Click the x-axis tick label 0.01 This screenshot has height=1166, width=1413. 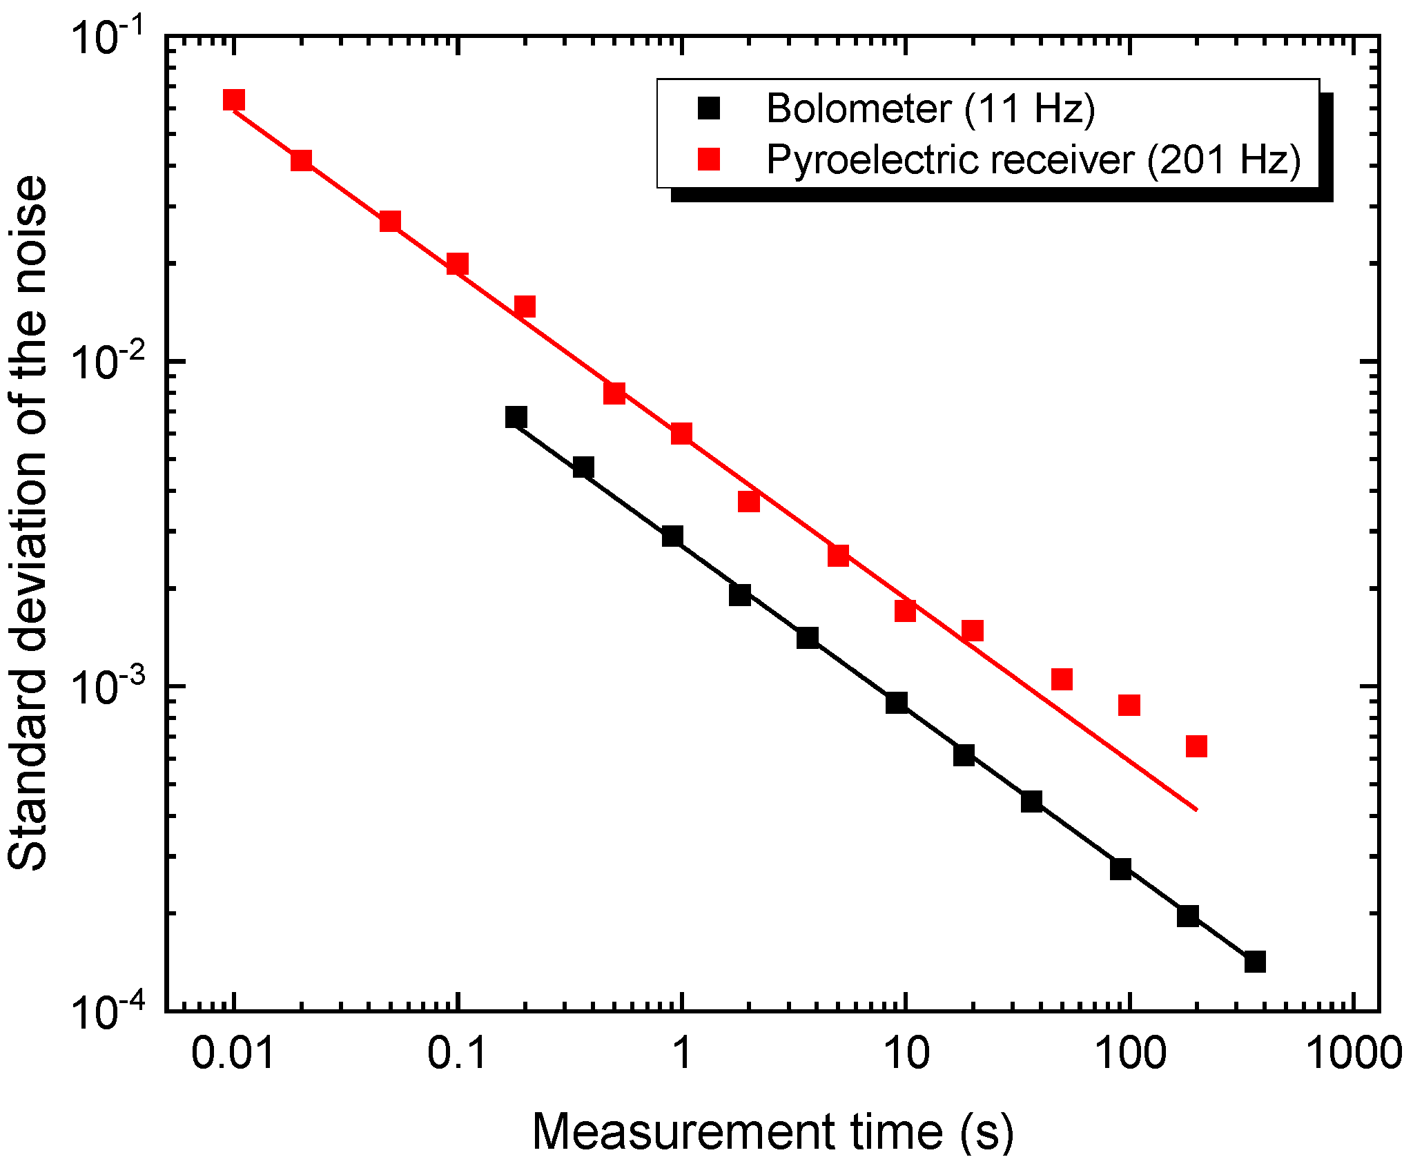coord(233,1054)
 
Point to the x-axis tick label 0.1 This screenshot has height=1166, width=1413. coord(457,1054)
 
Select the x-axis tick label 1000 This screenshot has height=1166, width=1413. coord(1354,1054)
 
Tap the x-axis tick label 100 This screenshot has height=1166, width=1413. coord(1130,1054)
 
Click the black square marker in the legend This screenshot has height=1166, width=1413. coord(709,108)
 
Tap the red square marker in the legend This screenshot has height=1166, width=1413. coord(709,159)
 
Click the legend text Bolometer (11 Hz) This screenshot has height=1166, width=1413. coord(930,108)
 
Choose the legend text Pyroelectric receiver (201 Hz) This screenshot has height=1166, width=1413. coord(1033,159)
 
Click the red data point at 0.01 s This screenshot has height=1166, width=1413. coord(234,99)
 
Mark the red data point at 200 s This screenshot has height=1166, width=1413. coord(1196,746)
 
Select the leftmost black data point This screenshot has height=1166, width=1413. coord(516,416)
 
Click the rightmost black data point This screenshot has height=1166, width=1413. coord(1255,961)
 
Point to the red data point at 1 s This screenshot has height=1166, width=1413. coord(681,433)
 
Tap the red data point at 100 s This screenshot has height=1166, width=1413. coord(1129,705)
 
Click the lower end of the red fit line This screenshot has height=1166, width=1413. coord(1196,809)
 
